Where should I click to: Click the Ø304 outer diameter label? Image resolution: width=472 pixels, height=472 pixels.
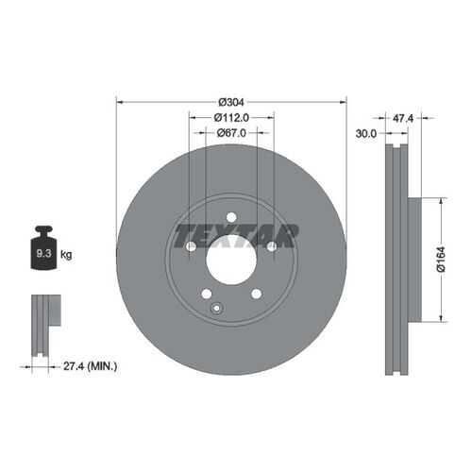pyautogui.click(x=231, y=102)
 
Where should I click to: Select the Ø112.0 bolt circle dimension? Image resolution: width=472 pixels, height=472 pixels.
pyautogui.click(x=231, y=118)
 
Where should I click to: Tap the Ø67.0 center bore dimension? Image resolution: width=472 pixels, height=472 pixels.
pyautogui.click(x=231, y=133)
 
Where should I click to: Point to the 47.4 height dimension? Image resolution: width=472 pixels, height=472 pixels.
pyautogui.click(x=403, y=118)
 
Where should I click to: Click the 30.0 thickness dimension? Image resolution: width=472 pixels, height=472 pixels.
pyautogui.click(x=366, y=134)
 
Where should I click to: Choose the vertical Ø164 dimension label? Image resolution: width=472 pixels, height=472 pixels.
pyautogui.click(x=441, y=260)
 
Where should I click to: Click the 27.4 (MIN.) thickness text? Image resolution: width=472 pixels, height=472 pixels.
pyautogui.click(x=91, y=366)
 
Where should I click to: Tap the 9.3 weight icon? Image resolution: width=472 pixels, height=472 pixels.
pyautogui.click(x=43, y=248)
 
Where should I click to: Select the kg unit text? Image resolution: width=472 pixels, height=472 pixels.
pyautogui.click(x=66, y=254)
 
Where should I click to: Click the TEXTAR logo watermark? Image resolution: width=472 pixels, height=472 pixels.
pyautogui.click(x=235, y=236)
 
